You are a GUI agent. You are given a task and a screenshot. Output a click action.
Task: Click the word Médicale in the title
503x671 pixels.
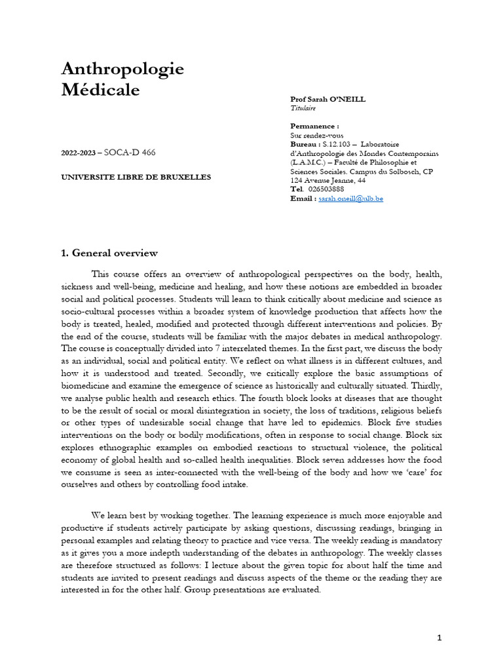point(100,90)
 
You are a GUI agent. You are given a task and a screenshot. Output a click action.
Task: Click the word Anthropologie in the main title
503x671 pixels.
point(122,68)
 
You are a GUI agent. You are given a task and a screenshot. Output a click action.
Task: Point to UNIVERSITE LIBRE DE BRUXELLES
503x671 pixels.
point(136,177)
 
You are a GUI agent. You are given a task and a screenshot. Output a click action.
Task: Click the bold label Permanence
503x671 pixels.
point(314,125)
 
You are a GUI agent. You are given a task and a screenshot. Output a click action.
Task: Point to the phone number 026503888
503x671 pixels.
point(327,189)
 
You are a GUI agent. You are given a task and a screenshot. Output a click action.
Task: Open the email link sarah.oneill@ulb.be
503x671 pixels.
point(350,198)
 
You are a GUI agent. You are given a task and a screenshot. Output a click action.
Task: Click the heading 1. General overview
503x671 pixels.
point(109,253)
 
